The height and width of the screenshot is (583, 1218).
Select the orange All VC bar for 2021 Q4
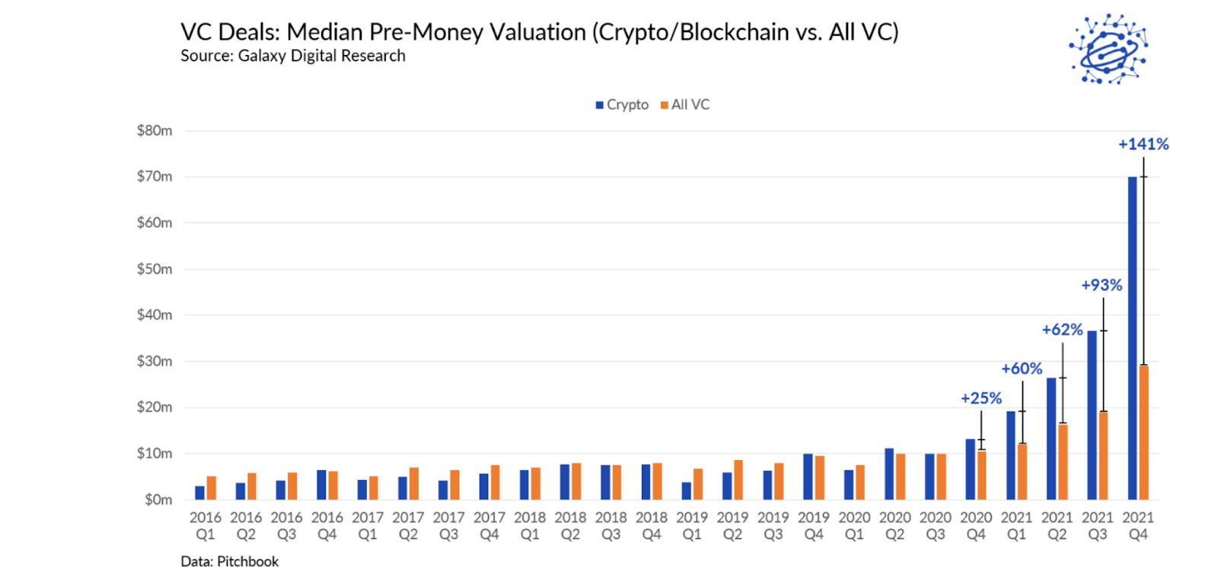point(1143,432)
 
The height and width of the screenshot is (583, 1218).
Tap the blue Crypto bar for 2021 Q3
point(1092,415)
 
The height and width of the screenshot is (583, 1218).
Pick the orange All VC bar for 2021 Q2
point(1063,462)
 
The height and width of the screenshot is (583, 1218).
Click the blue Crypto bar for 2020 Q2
point(889,474)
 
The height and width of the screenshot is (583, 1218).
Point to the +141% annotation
point(1143,144)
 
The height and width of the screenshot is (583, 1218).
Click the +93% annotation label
point(1102,285)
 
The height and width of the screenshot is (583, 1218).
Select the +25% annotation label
point(980,398)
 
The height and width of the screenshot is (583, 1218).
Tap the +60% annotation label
point(1022,369)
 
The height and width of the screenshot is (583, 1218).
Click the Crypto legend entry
point(622,105)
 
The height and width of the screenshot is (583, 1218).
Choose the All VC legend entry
point(685,105)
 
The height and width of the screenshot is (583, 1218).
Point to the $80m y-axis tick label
point(155,130)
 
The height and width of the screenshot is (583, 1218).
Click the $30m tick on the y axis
point(155,361)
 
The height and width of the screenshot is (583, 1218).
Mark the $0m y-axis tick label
point(158,500)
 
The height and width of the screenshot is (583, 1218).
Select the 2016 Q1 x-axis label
point(206,526)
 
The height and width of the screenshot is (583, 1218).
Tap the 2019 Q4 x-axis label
point(814,526)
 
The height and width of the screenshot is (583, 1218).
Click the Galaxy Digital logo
point(1108,49)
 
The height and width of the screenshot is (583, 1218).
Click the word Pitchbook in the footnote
point(247,562)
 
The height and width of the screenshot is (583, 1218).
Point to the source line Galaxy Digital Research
point(321,56)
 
